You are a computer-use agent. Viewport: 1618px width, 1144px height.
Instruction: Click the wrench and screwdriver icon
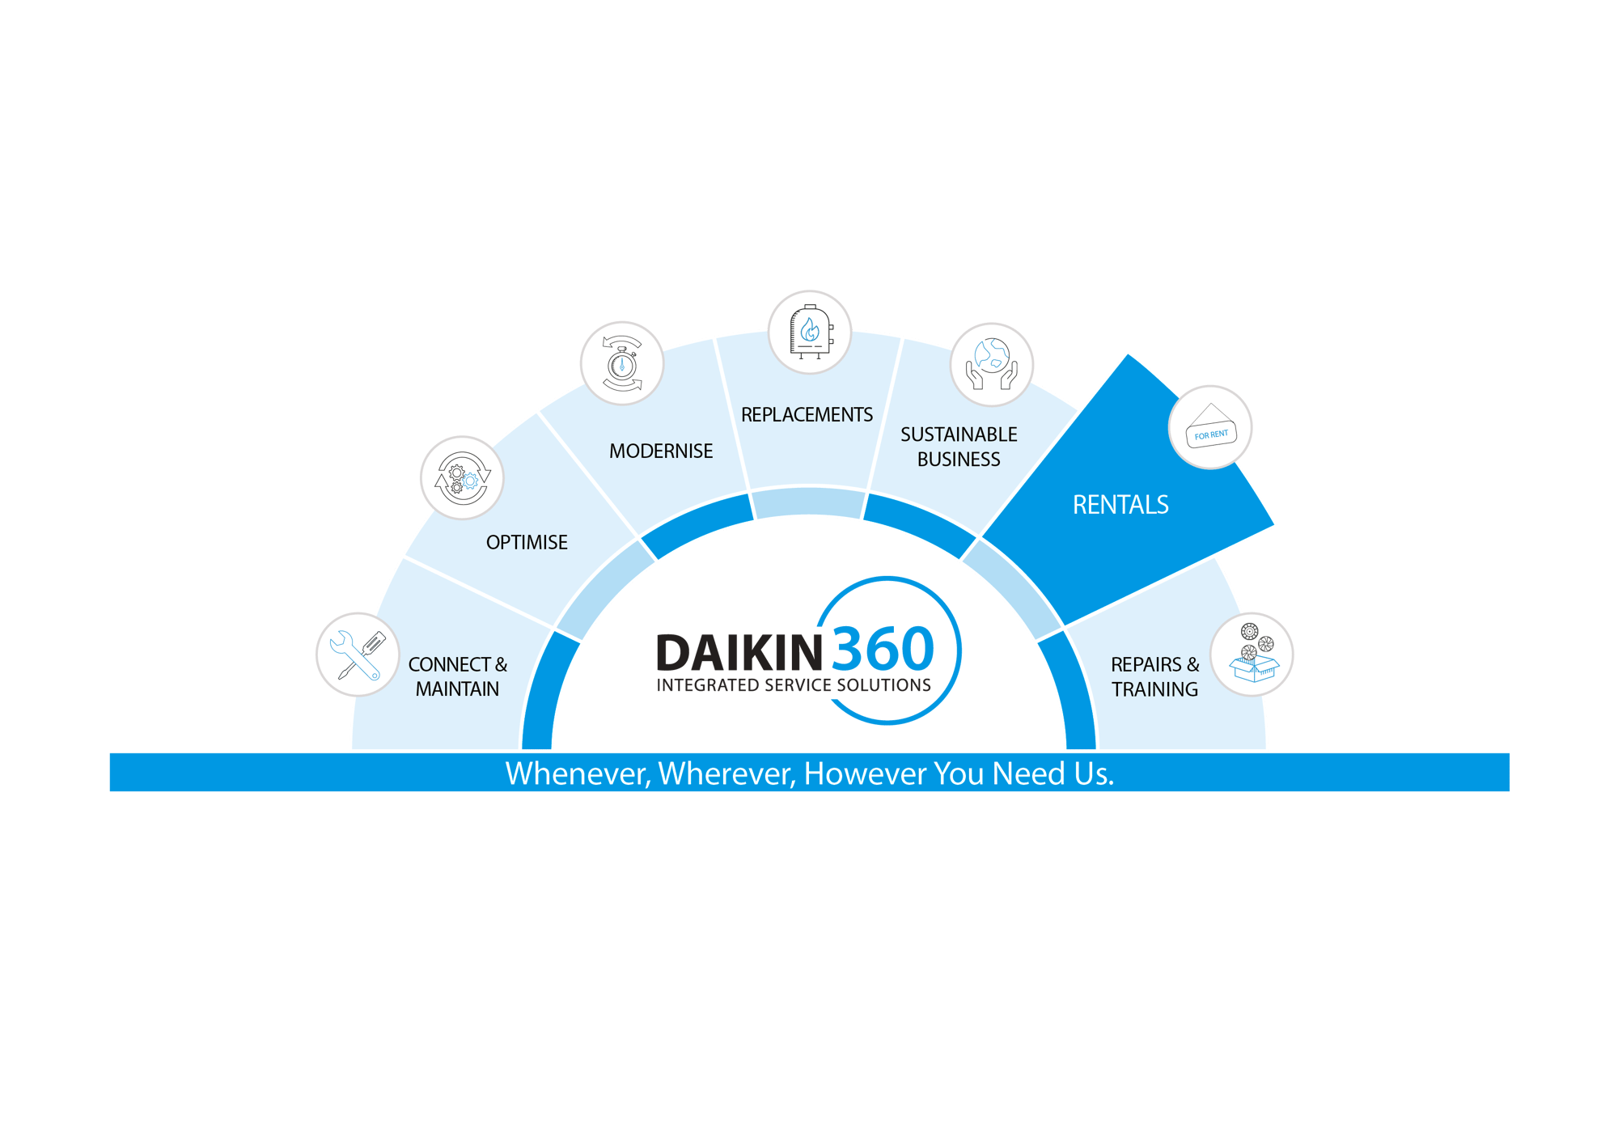357,655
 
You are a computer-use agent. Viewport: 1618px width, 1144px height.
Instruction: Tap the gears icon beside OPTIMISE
461,478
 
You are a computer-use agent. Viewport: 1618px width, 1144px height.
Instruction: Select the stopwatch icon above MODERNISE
621,363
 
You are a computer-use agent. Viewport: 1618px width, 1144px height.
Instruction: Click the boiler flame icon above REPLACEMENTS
809,332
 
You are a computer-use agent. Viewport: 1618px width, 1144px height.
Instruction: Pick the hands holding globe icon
991,364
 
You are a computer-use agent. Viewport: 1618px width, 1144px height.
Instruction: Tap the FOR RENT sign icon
1210,427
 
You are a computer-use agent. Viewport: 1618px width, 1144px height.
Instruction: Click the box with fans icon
1252,655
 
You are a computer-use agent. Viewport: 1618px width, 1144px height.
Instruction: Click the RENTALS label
1120,505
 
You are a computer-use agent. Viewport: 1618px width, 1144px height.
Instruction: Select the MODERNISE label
661,451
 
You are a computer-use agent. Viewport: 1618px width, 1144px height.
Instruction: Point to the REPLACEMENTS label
807,415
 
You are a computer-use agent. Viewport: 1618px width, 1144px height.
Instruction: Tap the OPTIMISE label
527,542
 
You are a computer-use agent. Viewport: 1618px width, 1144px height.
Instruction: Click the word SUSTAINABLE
959,434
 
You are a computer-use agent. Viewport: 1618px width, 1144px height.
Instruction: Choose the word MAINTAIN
457,689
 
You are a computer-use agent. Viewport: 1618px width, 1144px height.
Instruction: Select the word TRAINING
1154,689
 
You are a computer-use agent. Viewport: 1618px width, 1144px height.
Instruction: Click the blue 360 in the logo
882,649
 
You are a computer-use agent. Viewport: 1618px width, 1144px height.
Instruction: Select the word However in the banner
866,773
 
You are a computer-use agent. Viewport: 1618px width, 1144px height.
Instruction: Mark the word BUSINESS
959,460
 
